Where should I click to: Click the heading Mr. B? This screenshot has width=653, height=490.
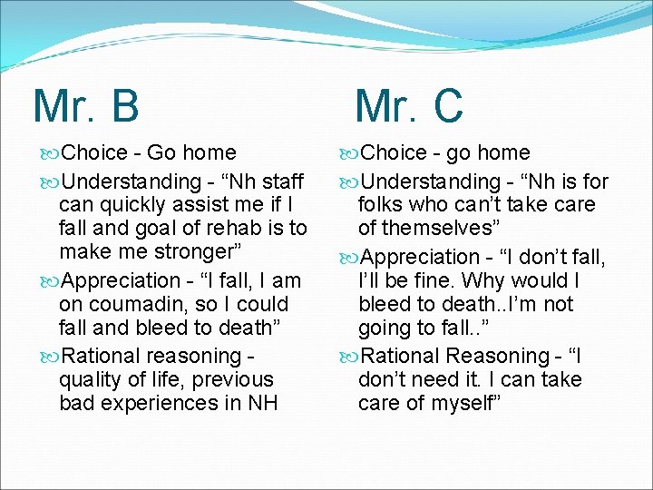pos(86,105)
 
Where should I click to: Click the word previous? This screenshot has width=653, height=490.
pos(230,378)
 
